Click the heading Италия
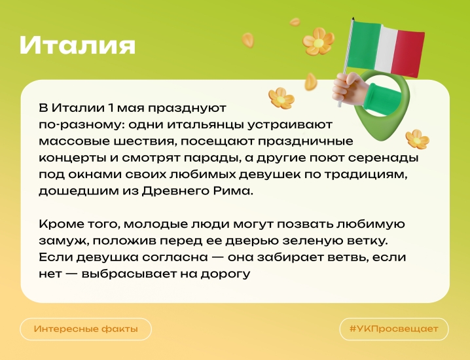click(x=77, y=45)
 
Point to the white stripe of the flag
click(x=386, y=48)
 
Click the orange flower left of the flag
click(x=318, y=41)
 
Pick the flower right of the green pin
click(x=417, y=139)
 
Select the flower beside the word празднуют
click(x=281, y=98)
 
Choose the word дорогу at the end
click(x=225, y=274)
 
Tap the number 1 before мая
click(x=111, y=108)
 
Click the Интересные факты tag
click(x=86, y=329)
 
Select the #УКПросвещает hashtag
click(x=394, y=329)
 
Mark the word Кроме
click(x=59, y=225)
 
